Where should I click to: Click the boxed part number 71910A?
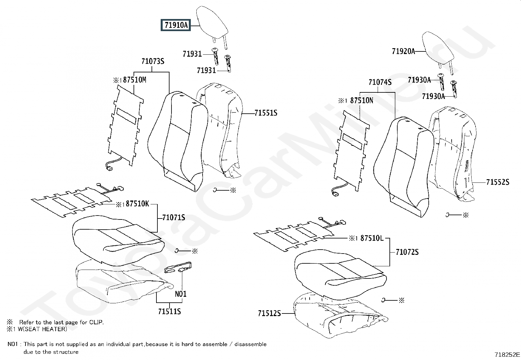(x=176, y=25)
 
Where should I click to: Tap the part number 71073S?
(x=153, y=61)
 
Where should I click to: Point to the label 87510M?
(x=135, y=80)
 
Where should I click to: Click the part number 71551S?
(x=266, y=113)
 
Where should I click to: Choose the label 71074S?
(x=380, y=82)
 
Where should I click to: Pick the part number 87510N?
(x=361, y=101)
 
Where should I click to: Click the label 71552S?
(x=497, y=182)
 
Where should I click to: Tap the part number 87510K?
(x=137, y=204)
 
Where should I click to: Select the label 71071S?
(x=173, y=217)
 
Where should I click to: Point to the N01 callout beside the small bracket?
(x=181, y=294)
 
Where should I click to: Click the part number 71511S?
(x=169, y=311)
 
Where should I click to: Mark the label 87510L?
(x=371, y=238)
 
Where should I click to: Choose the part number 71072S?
(x=407, y=252)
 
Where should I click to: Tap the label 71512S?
(x=269, y=313)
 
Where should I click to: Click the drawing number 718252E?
(x=507, y=354)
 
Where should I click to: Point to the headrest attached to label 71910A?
(x=212, y=22)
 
